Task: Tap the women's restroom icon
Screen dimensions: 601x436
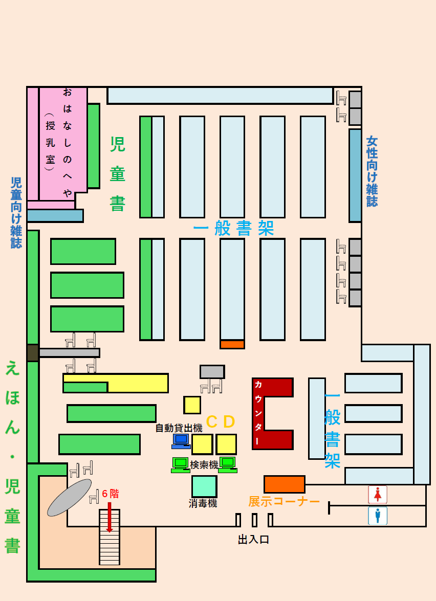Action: coord(378,495)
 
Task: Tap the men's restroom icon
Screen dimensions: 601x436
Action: coord(378,516)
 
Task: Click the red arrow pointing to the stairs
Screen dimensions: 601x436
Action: coord(109,517)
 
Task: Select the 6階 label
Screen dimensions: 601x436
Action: coord(110,494)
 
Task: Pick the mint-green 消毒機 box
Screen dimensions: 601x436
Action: coord(204,486)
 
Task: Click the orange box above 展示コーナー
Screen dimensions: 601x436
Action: coord(284,484)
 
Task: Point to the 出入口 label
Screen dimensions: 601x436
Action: coord(253,539)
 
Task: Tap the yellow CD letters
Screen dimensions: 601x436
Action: coord(220,421)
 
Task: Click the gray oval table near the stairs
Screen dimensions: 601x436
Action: coord(70,497)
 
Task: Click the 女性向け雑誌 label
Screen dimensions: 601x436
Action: coord(372,171)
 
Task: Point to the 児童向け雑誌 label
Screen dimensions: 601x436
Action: coord(16,212)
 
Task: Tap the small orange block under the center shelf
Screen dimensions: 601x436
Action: coord(232,345)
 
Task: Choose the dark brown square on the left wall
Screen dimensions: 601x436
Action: coord(32,352)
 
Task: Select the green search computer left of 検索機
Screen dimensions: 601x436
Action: coord(180,464)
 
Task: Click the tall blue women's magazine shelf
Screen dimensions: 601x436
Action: coord(355,175)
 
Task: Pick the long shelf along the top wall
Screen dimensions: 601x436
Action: coord(220,96)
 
